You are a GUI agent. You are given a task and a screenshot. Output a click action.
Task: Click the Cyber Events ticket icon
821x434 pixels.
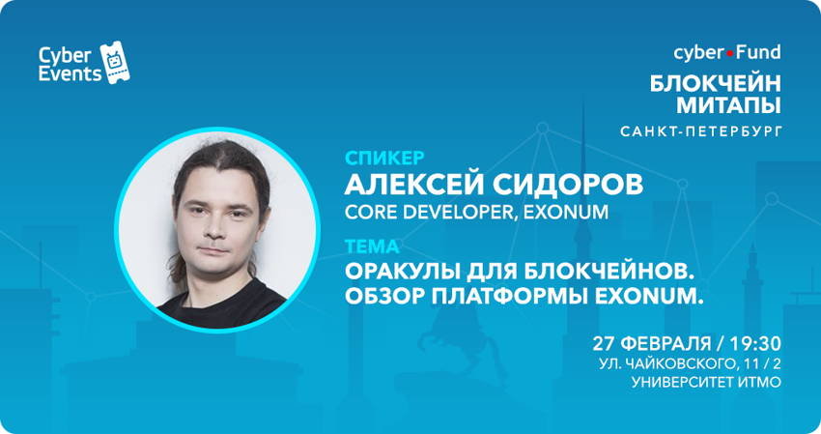coord(115,62)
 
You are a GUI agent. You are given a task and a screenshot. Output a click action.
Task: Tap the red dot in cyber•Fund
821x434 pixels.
coord(730,54)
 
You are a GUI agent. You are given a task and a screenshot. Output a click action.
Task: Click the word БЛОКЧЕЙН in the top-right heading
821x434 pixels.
coord(715,83)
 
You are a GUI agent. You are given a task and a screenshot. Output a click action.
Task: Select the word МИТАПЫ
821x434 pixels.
coord(728,105)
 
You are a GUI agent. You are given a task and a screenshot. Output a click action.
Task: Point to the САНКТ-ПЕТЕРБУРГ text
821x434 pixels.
coord(701,131)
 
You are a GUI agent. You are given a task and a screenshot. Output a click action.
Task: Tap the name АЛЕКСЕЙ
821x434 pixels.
coord(413,184)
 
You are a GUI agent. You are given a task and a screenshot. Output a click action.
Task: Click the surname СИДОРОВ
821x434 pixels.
coord(568,185)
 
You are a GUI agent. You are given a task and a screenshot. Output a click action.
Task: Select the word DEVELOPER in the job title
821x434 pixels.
coord(457,213)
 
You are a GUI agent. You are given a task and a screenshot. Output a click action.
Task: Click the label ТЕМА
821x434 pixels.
coord(372,246)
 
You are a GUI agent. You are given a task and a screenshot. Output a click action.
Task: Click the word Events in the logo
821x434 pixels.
coord(70,73)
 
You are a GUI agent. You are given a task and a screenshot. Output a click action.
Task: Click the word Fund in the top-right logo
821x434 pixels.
coord(758,52)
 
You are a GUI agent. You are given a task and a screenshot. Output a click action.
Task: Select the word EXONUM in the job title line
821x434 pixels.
coord(566,213)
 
